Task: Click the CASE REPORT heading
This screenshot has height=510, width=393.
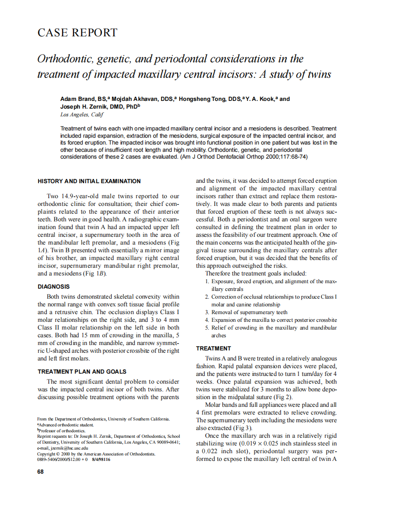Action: tap(77, 33)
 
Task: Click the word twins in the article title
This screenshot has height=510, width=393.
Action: tap(319, 74)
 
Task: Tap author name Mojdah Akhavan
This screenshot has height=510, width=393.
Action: tap(129, 99)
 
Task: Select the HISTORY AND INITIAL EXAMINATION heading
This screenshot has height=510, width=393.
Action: tap(89, 181)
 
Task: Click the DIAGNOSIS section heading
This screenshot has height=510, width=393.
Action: tap(54, 286)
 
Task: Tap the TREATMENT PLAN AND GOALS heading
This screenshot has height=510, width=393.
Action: tap(82, 371)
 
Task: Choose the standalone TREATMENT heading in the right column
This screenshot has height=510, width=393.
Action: tap(213, 348)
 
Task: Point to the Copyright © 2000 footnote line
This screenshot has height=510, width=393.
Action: tap(96, 454)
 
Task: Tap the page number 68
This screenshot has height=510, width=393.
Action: tap(40, 471)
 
